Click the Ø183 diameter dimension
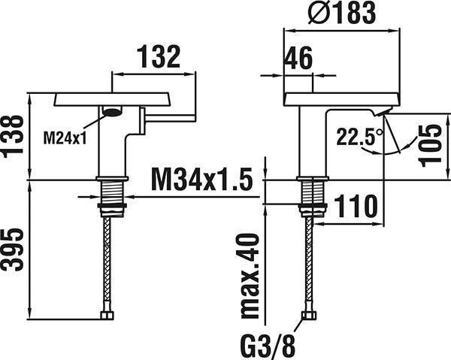(341, 13)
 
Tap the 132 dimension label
(159, 57)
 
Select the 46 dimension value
(298, 58)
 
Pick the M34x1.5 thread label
(202, 180)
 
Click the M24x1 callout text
(65, 138)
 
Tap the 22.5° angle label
(360, 136)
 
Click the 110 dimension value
(356, 206)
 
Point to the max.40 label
(250, 276)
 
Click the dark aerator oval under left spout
(113, 112)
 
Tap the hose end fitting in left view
(107, 315)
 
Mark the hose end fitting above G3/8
(309, 315)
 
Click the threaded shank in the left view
(112, 192)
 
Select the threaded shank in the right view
(313, 192)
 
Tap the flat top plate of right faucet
(342, 99)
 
